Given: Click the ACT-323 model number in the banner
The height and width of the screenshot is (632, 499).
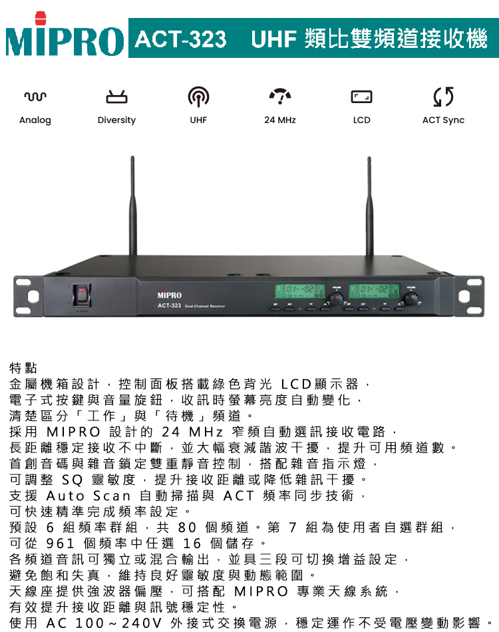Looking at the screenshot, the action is coord(180,39).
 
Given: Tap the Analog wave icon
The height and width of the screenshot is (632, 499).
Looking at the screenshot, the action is coord(35,96).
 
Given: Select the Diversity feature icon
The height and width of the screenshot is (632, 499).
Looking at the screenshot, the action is coord(116,96).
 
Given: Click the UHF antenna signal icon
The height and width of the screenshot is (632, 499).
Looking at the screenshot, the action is coord(198,96).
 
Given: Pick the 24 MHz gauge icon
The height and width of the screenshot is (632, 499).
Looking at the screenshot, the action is coord(280,96).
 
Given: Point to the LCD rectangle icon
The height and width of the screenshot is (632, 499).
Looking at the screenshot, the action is coord(361,96).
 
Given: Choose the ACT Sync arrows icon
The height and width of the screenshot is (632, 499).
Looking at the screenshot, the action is coord(443,96).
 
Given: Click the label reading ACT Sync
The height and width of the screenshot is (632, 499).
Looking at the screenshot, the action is coord(443,120).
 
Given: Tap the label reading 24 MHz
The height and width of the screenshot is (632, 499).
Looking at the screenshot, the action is coord(280,120).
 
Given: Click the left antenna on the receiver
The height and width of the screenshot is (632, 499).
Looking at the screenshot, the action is coord(132,206).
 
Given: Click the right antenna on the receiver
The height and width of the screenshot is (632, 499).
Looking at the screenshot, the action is coord(369,206).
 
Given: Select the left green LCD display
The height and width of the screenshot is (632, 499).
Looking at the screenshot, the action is coord(300,291).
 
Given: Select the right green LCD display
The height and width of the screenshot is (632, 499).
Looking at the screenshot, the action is coord(374,291).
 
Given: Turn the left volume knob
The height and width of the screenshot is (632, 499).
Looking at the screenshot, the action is coord(336,299).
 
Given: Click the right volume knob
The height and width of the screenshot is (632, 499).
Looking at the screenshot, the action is coord(411,299).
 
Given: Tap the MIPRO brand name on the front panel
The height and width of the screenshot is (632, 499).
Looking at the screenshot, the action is coord(169,295).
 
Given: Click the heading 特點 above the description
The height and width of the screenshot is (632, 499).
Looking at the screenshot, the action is coord(23,368).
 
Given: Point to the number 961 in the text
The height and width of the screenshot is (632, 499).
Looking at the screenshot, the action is coord(61,544).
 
